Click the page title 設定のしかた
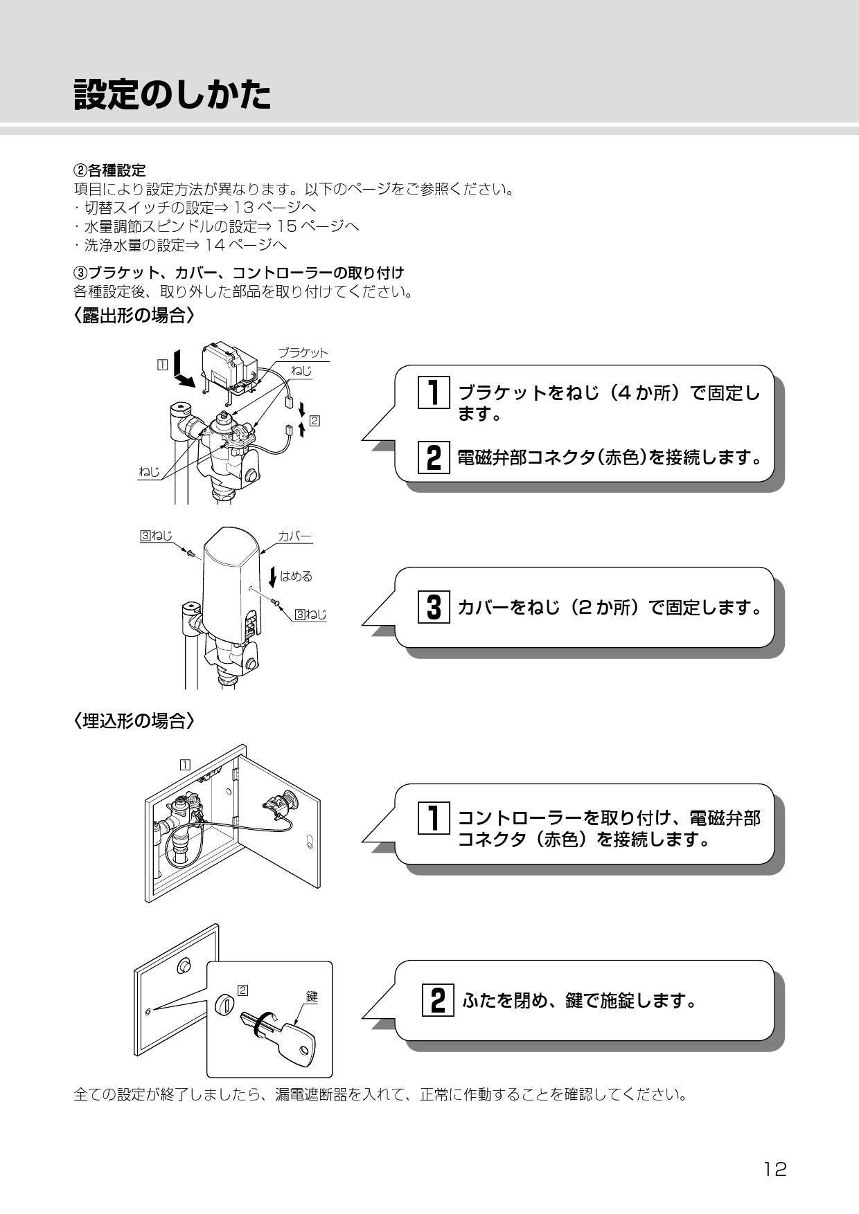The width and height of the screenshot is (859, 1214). [172, 95]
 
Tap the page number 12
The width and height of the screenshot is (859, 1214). [775, 1169]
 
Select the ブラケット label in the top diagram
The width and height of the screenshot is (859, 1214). [303, 352]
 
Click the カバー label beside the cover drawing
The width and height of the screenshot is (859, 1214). [294, 536]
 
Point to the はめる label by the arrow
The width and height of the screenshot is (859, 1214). [296, 576]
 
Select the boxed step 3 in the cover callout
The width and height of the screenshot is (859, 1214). [434, 607]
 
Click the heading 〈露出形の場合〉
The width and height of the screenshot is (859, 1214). [133, 316]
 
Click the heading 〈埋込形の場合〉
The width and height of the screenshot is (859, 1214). [133, 721]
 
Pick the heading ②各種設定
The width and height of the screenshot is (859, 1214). [109, 170]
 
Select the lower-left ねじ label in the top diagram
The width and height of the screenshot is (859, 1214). [149, 471]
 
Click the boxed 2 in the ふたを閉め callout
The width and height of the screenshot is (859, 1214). [438, 1000]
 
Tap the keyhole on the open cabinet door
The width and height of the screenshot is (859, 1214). [310, 842]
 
